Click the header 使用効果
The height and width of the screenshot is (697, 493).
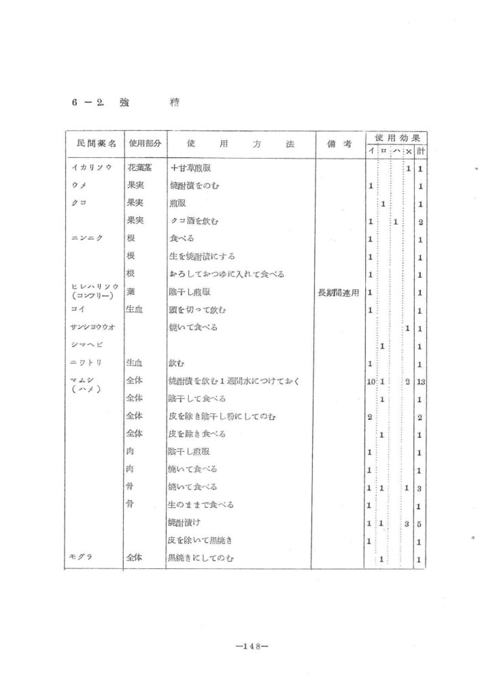[x=395, y=137]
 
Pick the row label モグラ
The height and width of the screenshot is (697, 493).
[x=81, y=558]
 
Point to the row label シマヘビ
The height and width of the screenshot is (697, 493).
[x=85, y=346]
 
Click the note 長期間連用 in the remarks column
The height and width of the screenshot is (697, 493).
[x=339, y=292]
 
